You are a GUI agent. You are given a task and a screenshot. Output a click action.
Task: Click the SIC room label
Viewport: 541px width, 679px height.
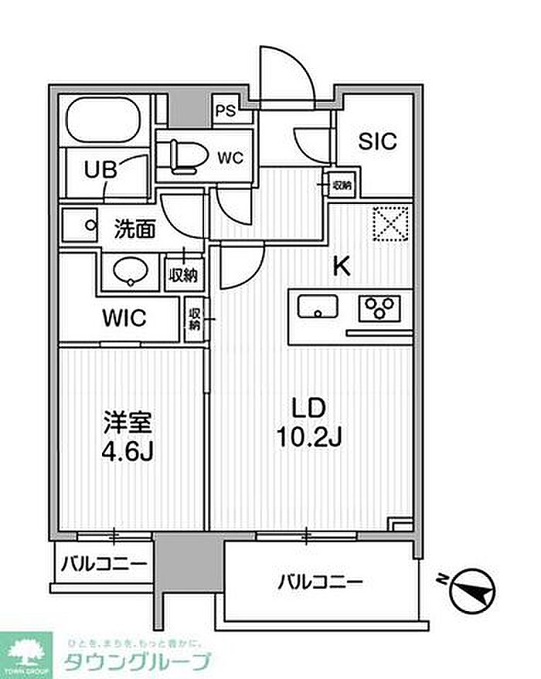coord(377,141)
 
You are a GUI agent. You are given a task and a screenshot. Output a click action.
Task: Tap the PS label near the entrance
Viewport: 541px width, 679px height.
coord(226,110)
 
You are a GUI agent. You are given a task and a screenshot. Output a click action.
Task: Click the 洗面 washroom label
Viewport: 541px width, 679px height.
coord(135,229)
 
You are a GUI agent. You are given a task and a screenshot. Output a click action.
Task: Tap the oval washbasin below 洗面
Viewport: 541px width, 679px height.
coord(129,272)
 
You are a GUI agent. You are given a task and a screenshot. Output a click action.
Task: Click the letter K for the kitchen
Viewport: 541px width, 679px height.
coord(341,267)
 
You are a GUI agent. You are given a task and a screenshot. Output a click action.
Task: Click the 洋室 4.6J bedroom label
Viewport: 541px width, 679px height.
coord(129,436)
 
